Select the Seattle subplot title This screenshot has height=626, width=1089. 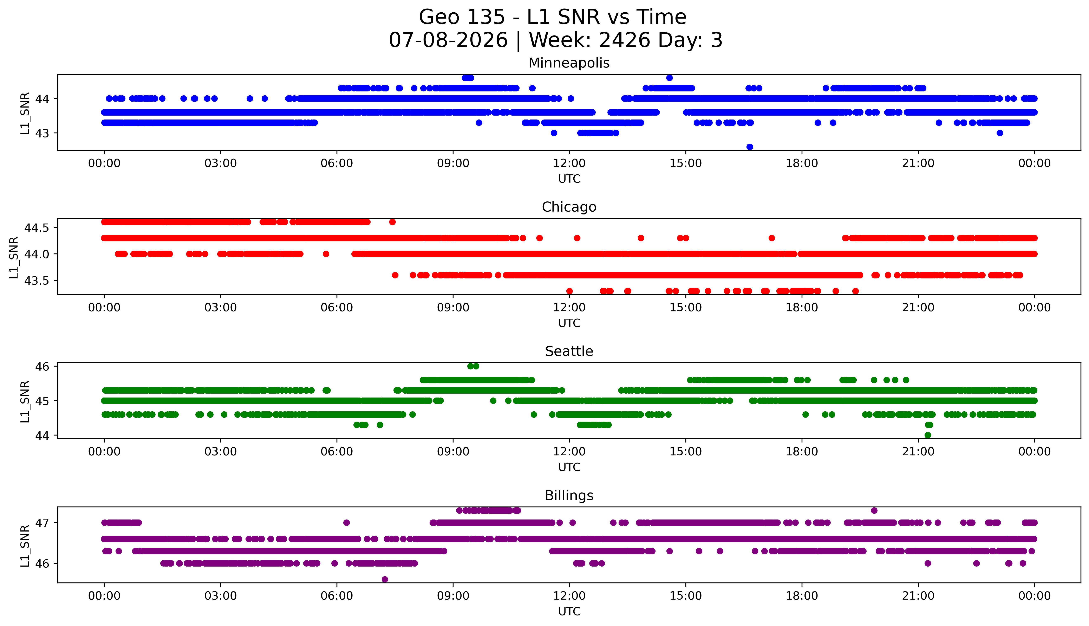click(x=569, y=351)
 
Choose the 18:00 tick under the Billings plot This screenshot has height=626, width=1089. click(x=802, y=596)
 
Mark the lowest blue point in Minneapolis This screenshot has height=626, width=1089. click(x=750, y=147)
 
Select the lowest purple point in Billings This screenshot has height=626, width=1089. click(x=385, y=580)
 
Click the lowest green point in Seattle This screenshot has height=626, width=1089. click(x=927, y=435)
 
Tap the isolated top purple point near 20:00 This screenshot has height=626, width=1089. click(x=874, y=510)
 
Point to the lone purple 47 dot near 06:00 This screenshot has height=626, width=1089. click(x=346, y=523)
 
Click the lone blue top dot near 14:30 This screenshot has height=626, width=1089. click(x=669, y=78)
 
